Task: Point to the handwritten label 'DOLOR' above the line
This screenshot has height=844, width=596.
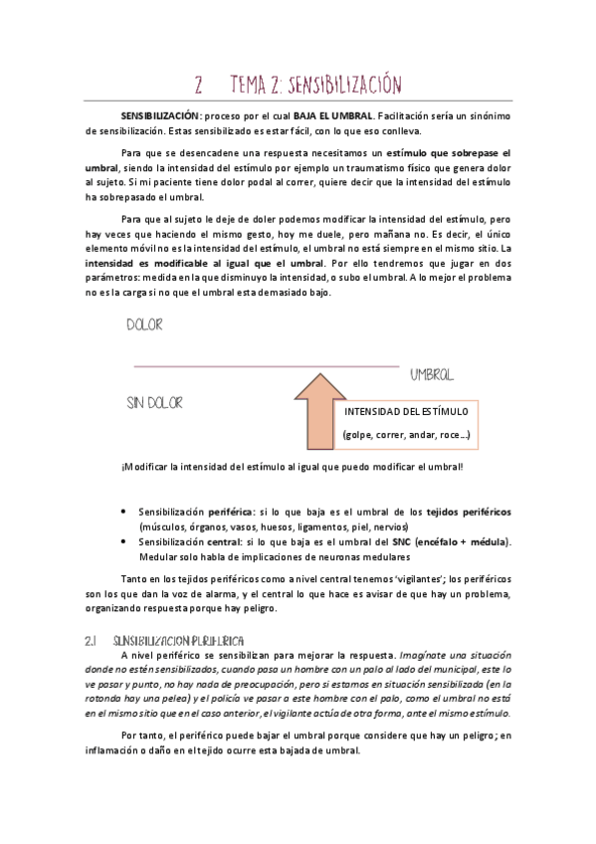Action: click(x=144, y=324)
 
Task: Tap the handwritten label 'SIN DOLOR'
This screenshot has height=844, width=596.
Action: click(x=154, y=403)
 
